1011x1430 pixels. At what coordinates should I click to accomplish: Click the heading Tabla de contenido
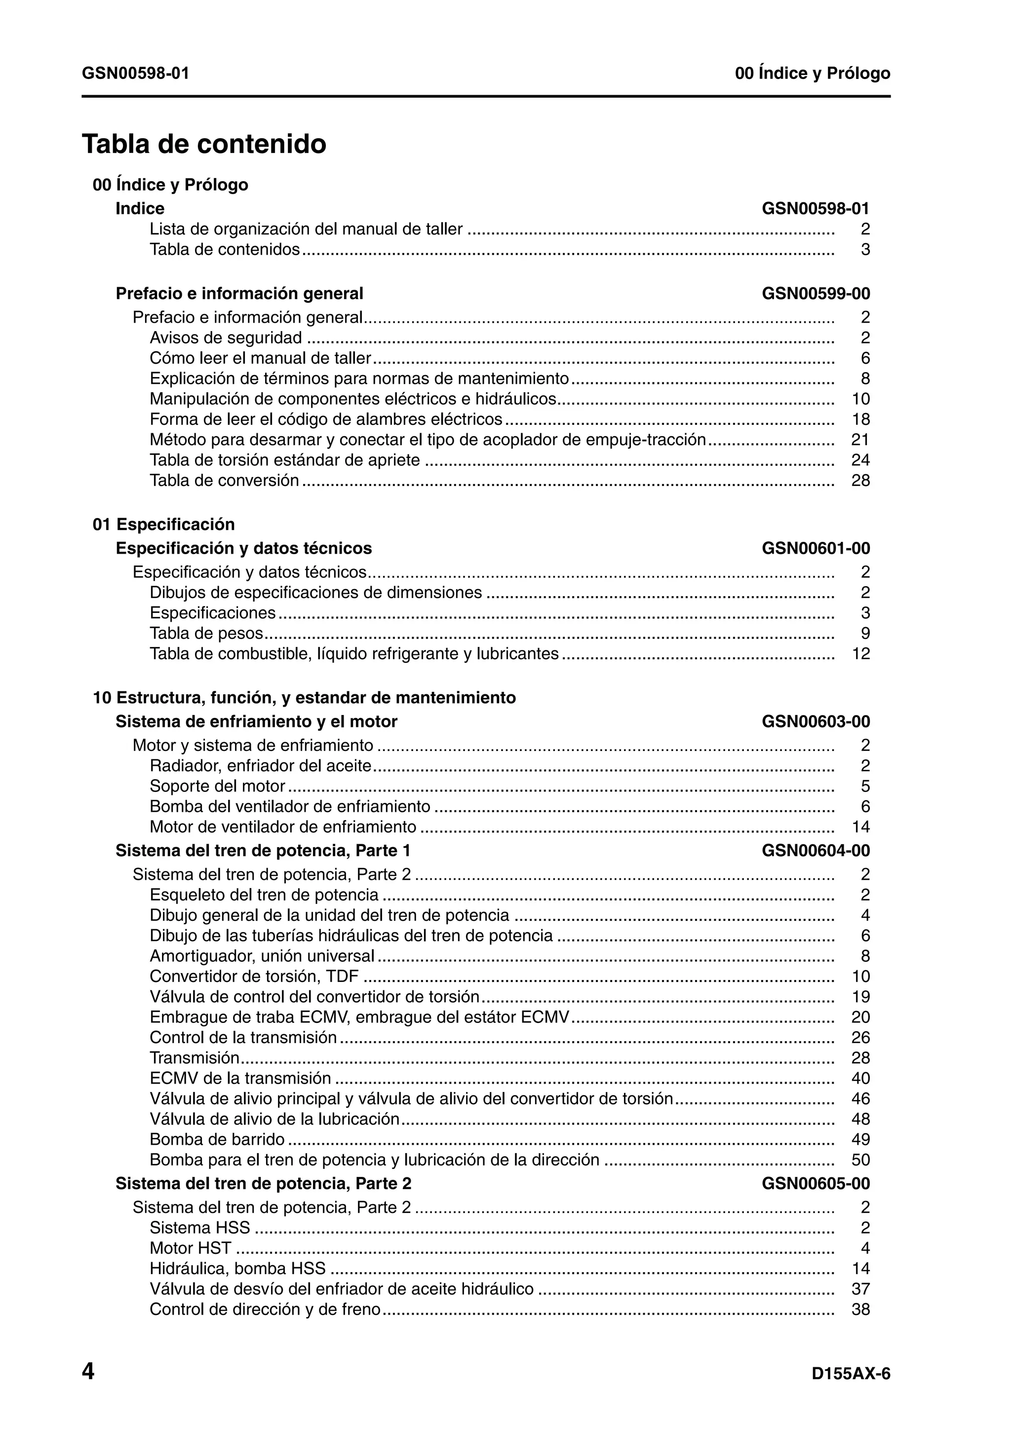coord(204,144)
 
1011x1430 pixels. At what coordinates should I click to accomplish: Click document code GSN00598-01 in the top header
coord(135,74)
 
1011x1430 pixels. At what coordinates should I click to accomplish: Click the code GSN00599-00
coord(816,293)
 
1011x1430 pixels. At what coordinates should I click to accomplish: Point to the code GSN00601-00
coord(816,548)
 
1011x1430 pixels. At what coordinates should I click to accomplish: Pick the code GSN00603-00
coord(816,721)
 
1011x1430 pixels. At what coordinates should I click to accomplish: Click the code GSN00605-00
coord(816,1183)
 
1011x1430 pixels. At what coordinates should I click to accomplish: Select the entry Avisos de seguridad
coord(226,338)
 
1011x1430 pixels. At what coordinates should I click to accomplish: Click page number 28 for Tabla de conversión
coord(860,480)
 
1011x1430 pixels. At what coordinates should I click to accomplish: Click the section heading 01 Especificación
coord(164,524)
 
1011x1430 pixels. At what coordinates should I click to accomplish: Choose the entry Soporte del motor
coord(217,786)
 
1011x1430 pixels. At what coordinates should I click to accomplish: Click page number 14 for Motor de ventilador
coord(860,827)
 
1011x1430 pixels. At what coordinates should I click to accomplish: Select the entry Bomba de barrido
coord(217,1139)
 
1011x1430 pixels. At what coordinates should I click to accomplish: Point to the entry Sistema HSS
coord(199,1227)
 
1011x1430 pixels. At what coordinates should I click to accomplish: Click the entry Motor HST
coord(190,1247)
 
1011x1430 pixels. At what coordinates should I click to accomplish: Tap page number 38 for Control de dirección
coord(860,1309)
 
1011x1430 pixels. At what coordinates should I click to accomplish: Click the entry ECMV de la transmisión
coord(240,1078)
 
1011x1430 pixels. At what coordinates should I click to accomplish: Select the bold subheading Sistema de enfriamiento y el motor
coord(256,721)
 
